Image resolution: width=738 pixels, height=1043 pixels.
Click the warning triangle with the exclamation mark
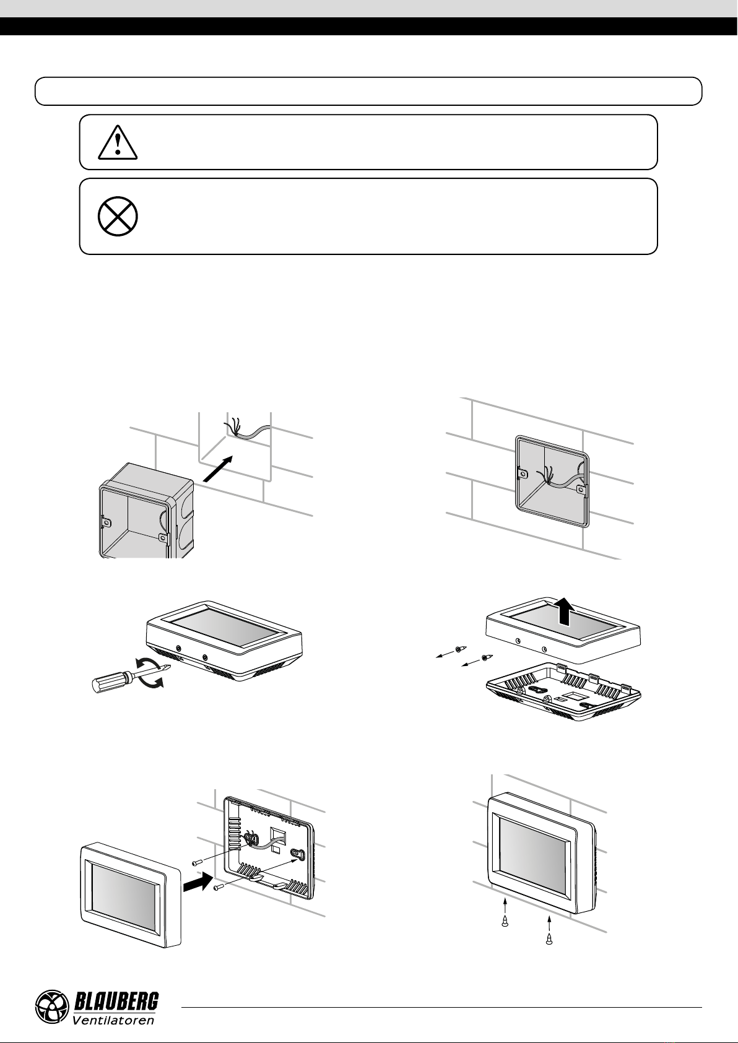(118, 142)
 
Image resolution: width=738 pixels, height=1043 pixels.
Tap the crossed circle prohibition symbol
(118, 216)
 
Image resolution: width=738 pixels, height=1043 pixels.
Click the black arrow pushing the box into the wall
(217, 469)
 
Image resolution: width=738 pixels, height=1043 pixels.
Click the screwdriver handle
(111, 682)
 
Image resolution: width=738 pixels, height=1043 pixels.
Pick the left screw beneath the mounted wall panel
(505, 920)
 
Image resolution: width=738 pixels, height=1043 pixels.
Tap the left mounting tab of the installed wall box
(523, 474)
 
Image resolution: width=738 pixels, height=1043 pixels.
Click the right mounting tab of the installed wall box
(581, 490)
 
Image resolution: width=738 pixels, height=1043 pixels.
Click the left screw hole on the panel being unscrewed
(179, 648)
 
